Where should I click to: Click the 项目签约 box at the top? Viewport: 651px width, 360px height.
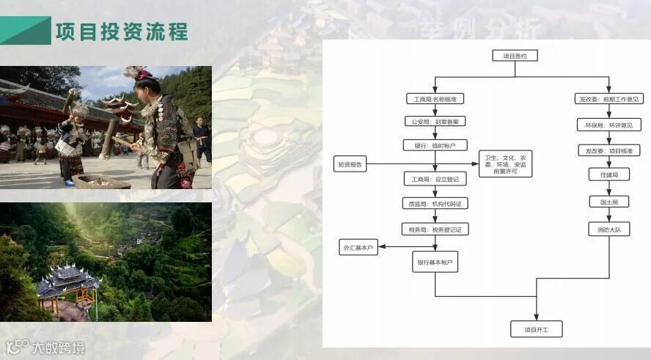(x=515, y=56)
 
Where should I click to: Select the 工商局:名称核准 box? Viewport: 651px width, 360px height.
(x=435, y=99)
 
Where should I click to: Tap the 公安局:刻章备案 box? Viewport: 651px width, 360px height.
(x=435, y=122)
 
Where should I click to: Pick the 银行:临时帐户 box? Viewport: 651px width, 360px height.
(x=435, y=145)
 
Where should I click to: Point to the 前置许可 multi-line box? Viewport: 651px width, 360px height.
(x=507, y=163)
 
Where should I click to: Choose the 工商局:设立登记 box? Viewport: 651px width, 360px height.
(x=435, y=179)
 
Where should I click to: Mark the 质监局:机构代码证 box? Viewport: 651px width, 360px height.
(x=435, y=205)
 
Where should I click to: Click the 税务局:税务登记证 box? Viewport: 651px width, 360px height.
(x=435, y=229)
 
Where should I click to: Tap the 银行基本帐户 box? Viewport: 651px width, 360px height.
(x=435, y=262)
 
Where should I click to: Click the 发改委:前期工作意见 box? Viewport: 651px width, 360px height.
(x=609, y=99)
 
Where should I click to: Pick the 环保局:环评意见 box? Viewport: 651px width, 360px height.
(x=609, y=125)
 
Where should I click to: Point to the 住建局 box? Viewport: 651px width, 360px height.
(x=609, y=175)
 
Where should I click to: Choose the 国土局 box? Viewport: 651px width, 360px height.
(x=609, y=202)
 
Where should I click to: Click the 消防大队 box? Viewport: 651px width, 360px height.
(x=609, y=229)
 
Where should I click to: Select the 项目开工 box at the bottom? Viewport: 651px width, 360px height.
(x=537, y=329)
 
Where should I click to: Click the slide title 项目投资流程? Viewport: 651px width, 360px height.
(x=122, y=32)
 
